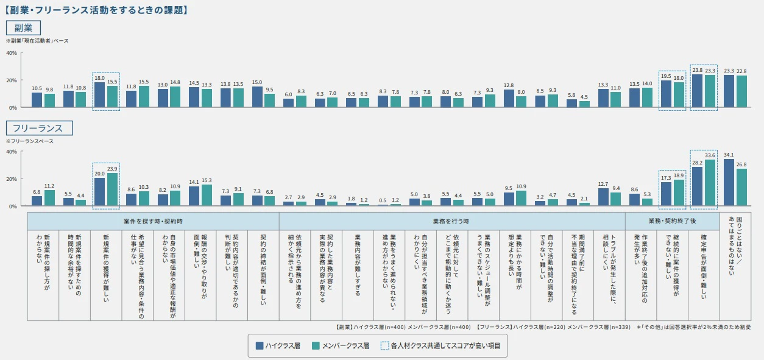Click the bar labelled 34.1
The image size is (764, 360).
click(729, 183)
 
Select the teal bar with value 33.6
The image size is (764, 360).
click(710, 183)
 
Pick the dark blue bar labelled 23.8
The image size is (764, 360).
click(698, 91)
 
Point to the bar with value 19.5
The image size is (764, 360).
click(666, 94)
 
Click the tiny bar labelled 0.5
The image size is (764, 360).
click(383, 205)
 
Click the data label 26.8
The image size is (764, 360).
click(741, 164)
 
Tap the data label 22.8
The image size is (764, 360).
click(741, 71)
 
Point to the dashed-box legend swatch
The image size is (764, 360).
click(384, 346)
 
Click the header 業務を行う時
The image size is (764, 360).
click(451, 221)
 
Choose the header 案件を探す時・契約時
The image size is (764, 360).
click(153, 221)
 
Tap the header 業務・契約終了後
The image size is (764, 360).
click(672, 221)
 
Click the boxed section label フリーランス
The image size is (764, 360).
click(39, 128)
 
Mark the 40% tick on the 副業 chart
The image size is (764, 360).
click(12, 53)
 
